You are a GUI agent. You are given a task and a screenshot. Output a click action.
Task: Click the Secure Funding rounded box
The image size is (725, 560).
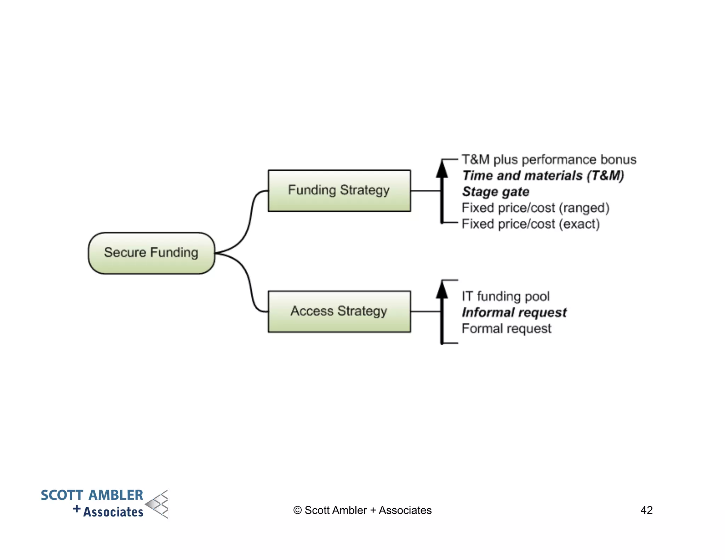(x=152, y=253)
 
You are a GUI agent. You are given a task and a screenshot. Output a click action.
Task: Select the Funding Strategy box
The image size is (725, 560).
(x=339, y=191)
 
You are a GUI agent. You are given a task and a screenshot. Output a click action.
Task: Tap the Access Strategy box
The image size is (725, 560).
(x=339, y=312)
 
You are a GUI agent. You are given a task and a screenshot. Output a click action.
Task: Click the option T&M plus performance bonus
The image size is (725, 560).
(x=549, y=160)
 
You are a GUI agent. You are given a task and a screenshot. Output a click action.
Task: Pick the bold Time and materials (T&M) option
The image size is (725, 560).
(x=543, y=176)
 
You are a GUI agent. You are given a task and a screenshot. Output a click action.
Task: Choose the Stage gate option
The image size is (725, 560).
(x=496, y=192)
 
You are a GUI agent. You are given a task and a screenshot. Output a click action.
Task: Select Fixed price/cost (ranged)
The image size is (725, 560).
(x=535, y=208)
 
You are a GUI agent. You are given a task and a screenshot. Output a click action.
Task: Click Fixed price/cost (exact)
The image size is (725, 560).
(x=531, y=224)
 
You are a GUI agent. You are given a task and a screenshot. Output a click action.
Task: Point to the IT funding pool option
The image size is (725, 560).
(x=506, y=296)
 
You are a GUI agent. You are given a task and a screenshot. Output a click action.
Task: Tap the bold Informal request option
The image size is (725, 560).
(x=514, y=312)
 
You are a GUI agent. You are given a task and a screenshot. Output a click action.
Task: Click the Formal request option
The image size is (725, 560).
(x=506, y=328)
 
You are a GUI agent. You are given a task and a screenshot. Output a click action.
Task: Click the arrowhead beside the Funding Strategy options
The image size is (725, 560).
(x=442, y=169)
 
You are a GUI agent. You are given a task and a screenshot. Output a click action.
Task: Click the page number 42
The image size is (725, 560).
(x=646, y=510)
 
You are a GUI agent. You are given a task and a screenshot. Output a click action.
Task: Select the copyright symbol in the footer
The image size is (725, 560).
(x=297, y=510)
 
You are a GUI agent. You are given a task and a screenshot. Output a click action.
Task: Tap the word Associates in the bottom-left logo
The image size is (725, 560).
(x=113, y=512)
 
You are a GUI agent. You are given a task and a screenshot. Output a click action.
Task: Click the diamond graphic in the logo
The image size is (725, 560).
(x=158, y=504)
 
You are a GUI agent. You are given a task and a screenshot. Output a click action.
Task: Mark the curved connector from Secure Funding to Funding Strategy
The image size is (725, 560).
(x=250, y=219)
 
